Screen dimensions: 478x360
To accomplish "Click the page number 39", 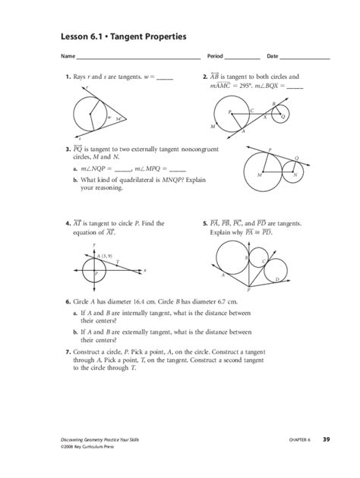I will pyautogui.click(x=326, y=439).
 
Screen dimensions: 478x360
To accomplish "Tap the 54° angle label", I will pyautogui.click(x=119, y=118).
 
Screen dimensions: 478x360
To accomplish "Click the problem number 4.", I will pyautogui.click(x=67, y=224).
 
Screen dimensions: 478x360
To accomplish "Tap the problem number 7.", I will pyautogui.click(x=67, y=354).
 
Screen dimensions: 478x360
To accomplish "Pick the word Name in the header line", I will pyautogui.click(x=68, y=57).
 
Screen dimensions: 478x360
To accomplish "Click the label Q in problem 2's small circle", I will pyautogui.click(x=283, y=116).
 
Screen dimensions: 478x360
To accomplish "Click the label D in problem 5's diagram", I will pyautogui.click(x=277, y=280).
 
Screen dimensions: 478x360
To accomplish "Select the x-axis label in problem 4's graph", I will pyautogui.click(x=145, y=270).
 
